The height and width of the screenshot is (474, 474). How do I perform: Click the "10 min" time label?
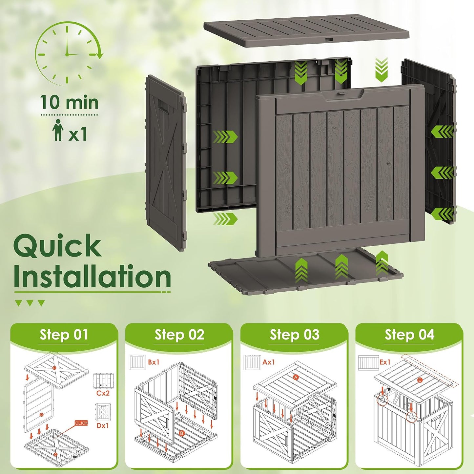tap(70, 102)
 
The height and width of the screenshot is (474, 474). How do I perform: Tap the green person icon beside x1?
tap(58, 130)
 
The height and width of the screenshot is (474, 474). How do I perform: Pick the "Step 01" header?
tap(64, 335)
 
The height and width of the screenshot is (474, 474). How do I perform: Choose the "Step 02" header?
tap(179, 335)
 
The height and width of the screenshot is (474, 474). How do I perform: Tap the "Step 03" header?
tap(295, 335)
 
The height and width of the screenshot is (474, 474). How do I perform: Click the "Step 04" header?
tap(410, 335)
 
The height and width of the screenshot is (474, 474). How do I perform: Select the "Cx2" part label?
tap(103, 393)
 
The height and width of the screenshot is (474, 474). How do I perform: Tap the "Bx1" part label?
tap(154, 362)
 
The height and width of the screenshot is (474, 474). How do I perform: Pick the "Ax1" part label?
tap(269, 362)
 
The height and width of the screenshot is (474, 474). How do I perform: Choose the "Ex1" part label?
tap(384, 362)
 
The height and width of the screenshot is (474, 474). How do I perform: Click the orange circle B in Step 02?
tap(182, 441)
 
